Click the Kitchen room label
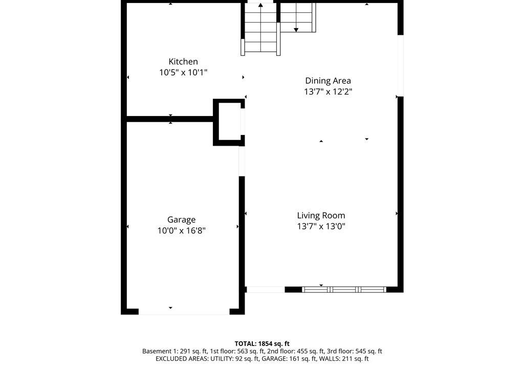pyautogui.click(x=183, y=61)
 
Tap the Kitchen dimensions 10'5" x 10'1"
pyautogui.click(x=183, y=72)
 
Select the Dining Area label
pyautogui.click(x=328, y=81)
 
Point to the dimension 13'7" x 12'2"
pyautogui.click(x=328, y=91)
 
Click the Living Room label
pyautogui.click(x=321, y=216)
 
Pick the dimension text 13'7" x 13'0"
pyautogui.click(x=321, y=226)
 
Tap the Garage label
pyautogui.click(x=182, y=220)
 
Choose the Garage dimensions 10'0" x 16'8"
pyautogui.click(x=182, y=231)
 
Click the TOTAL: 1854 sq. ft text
pyautogui.click(x=262, y=343)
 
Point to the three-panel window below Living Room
pyautogui.click(x=344, y=289)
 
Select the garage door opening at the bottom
pyautogui.click(x=184, y=312)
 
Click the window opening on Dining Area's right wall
pyautogui.click(x=400, y=65)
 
